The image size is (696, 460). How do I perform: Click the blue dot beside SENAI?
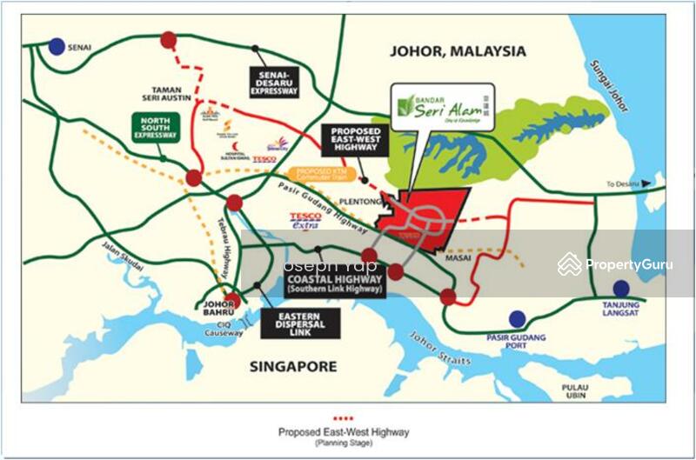click(57, 46)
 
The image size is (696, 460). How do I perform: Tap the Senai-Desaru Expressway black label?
click(275, 81)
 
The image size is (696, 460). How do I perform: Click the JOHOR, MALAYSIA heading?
click(458, 51)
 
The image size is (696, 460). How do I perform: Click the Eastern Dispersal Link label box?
click(301, 323)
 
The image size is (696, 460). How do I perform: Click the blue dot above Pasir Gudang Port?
click(518, 319)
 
